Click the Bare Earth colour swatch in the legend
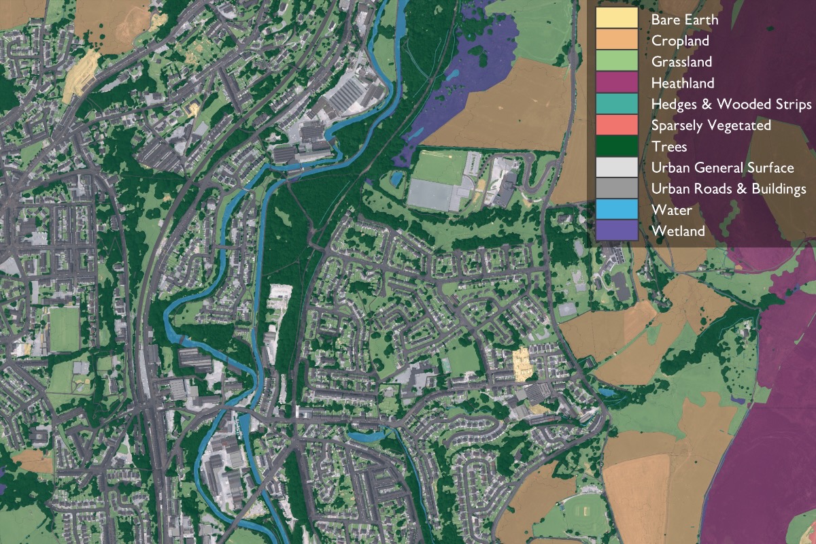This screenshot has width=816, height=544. [617, 19]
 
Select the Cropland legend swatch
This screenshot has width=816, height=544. [617, 40]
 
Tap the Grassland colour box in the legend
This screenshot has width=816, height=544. [617, 61]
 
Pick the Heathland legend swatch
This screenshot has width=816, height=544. [617, 82]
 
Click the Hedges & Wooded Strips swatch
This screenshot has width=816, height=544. [617, 104]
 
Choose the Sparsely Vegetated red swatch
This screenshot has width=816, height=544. [617, 125]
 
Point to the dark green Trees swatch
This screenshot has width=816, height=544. [617, 146]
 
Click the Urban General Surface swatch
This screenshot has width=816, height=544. [617, 167]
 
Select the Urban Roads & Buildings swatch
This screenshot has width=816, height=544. [617, 188]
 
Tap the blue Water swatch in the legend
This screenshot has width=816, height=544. [617, 209]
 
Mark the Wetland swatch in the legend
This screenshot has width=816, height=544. [617, 231]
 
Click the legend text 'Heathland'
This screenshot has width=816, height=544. [683, 83]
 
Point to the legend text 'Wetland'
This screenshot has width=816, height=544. [678, 231]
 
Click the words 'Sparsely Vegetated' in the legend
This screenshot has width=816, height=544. [711, 126]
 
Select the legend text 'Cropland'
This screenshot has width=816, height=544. [680, 41]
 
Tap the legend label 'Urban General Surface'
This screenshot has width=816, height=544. [722, 168]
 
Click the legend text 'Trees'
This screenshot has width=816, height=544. [669, 147]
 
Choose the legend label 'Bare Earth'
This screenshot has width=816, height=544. [684, 20]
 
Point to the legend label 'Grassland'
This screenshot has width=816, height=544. [681, 62]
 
